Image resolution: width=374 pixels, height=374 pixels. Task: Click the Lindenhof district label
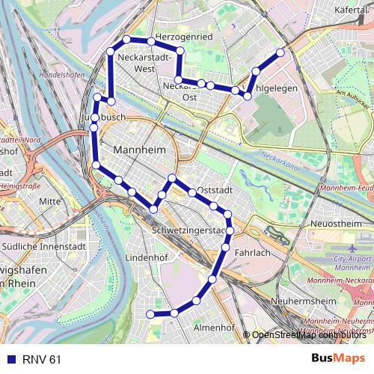(x=144, y=257)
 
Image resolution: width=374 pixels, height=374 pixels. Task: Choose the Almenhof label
(x=215, y=328)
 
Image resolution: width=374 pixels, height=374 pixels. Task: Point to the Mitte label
(x=49, y=201)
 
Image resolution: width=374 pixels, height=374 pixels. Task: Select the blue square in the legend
(x=9, y=359)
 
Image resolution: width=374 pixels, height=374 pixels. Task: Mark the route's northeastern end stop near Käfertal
(x=281, y=52)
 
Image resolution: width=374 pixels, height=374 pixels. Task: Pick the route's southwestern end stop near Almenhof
(x=150, y=314)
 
